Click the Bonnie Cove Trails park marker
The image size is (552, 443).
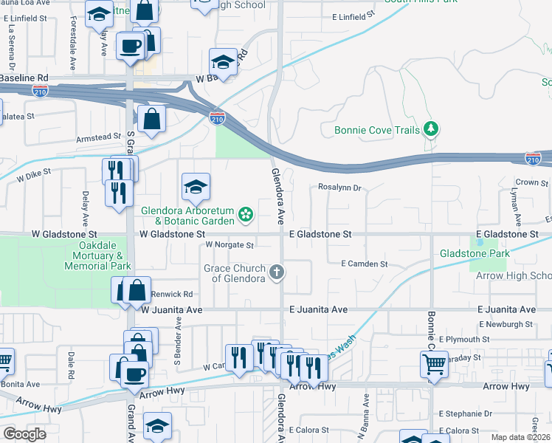(x=431, y=130)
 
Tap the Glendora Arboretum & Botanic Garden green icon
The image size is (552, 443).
(x=246, y=215)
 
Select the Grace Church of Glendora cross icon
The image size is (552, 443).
(x=277, y=272)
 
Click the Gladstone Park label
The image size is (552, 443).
(x=475, y=253)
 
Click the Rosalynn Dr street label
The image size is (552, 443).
(x=339, y=188)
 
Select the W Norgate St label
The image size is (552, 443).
(x=230, y=244)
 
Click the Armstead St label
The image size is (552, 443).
(x=98, y=137)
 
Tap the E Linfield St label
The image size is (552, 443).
(x=354, y=16)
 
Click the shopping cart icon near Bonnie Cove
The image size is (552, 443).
(x=434, y=363)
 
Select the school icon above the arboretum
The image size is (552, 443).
(x=196, y=188)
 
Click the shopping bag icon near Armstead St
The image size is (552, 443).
(x=151, y=119)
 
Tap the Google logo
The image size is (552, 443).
(x=25, y=434)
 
